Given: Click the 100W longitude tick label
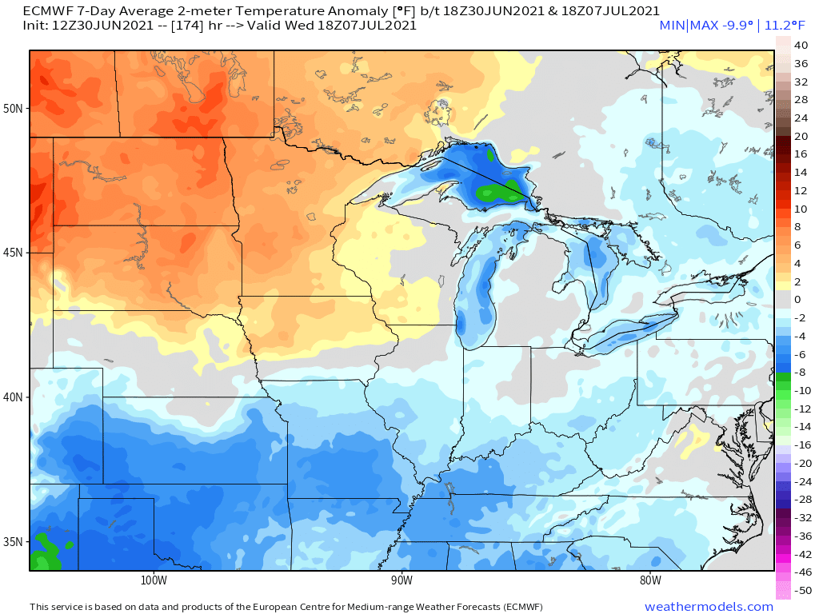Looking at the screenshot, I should pos(153,580).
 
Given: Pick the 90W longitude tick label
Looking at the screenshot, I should pos(402,580).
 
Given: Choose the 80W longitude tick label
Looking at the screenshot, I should pos(650,580).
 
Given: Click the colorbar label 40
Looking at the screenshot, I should pos(801,46).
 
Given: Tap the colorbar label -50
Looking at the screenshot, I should pos(802,590).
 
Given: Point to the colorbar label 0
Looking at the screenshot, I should pos(797,300).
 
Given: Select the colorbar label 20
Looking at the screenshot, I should pos(801,136).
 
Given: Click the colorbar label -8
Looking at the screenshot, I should pos(801,373).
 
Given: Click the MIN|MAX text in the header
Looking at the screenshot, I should pos(685,26).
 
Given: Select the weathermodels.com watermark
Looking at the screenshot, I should pos(709,607).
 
